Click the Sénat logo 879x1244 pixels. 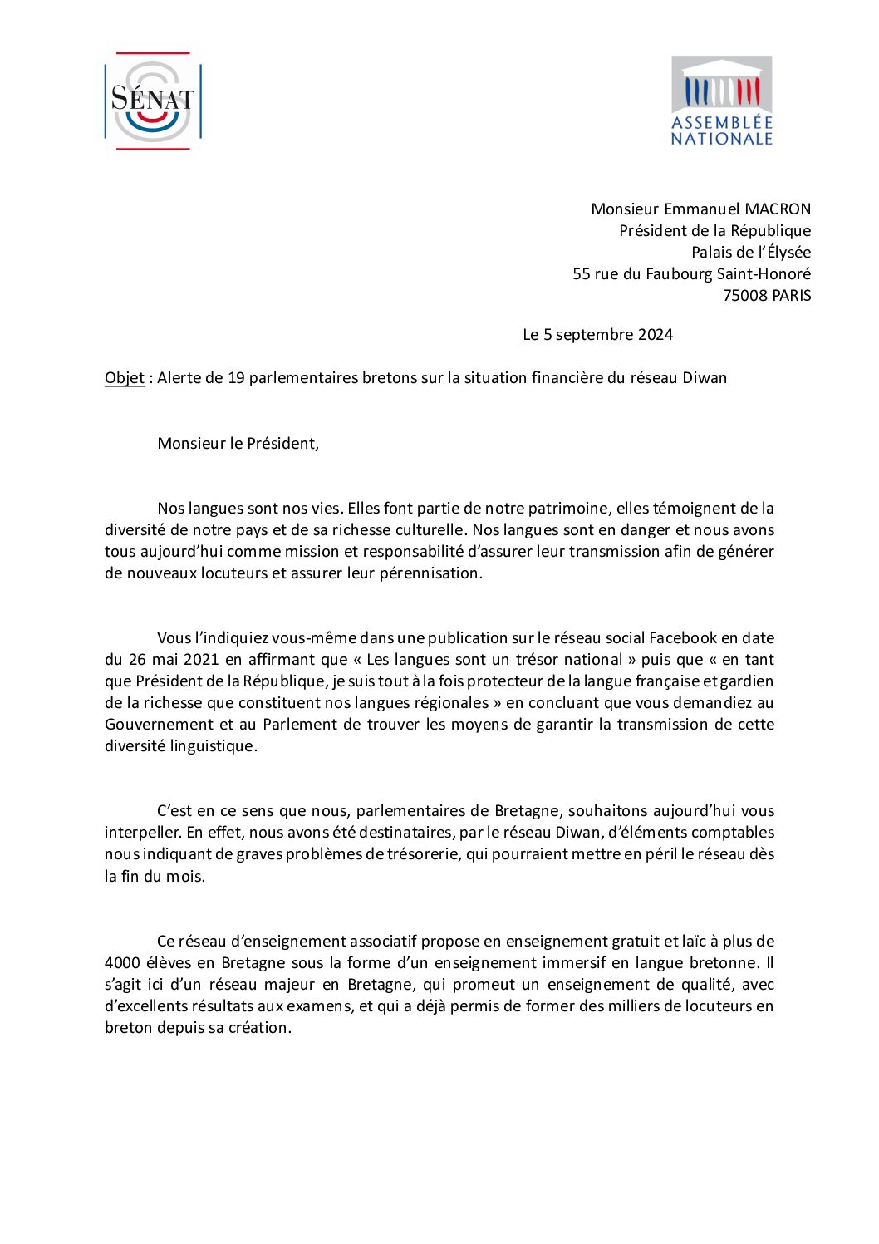pyautogui.click(x=153, y=101)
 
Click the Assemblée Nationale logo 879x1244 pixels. pyautogui.click(x=721, y=101)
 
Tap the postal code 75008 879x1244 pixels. pyautogui.click(x=745, y=295)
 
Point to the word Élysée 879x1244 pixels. pyautogui.click(x=788, y=252)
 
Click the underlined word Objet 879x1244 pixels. pyautogui.click(x=125, y=377)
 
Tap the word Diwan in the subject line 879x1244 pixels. pyautogui.click(x=705, y=377)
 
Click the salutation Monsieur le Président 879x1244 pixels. pyautogui.click(x=238, y=443)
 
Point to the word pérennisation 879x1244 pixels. pyautogui.click(x=430, y=573)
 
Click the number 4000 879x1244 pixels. pyautogui.click(x=124, y=962)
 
